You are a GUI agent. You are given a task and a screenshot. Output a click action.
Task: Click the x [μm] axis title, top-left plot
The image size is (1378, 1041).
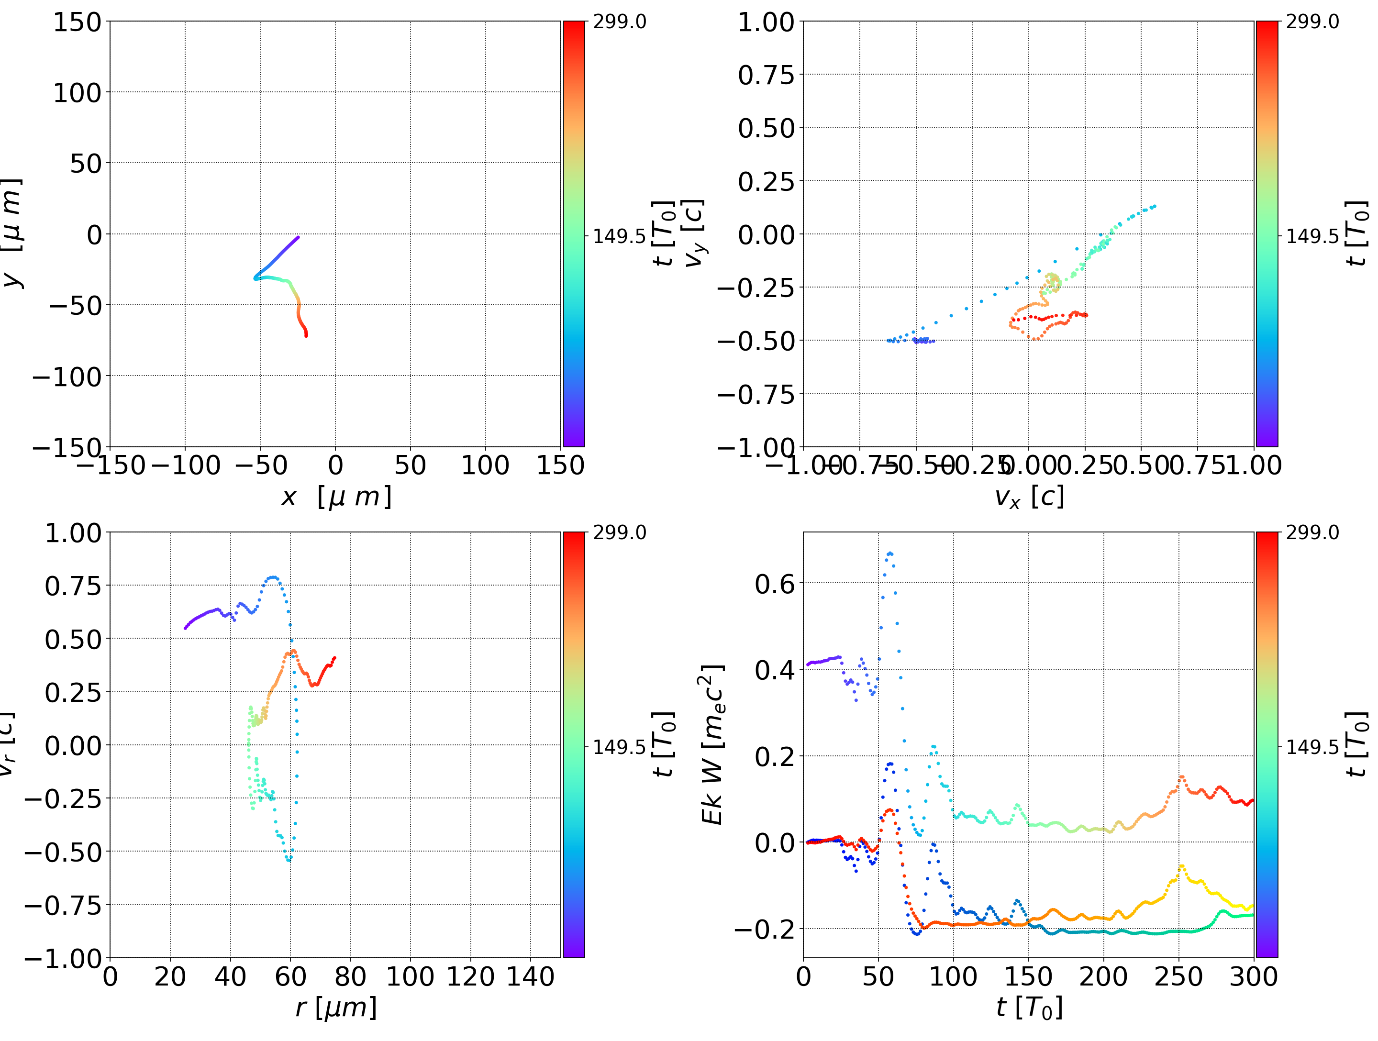(336, 497)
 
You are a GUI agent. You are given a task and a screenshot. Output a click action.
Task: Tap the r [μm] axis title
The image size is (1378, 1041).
(336, 1008)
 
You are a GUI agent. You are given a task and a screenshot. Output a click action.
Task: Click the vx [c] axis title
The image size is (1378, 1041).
(1029, 497)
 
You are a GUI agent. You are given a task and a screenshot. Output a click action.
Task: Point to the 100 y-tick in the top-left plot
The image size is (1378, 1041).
(77, 93)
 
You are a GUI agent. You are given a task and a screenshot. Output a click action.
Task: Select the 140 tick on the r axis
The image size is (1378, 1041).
(530, 976)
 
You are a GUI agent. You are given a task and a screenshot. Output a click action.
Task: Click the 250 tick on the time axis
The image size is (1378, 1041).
(1178, 976)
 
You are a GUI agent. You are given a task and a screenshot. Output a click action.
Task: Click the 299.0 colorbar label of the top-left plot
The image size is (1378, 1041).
(619, 22)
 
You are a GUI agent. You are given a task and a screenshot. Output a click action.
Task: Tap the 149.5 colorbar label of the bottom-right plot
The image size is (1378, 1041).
(1312, 746)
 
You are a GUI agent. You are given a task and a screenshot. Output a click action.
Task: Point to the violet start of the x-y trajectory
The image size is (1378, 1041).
(298, 237)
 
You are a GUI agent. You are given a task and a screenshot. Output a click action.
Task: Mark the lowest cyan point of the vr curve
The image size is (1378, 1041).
(289, 860)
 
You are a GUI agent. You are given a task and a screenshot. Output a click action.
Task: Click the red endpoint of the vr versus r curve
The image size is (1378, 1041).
(334, 658)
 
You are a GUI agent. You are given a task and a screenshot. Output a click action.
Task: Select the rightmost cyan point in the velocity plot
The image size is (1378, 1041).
(1155, 206)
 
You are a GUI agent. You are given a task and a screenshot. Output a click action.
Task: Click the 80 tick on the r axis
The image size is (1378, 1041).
(350, 976)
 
